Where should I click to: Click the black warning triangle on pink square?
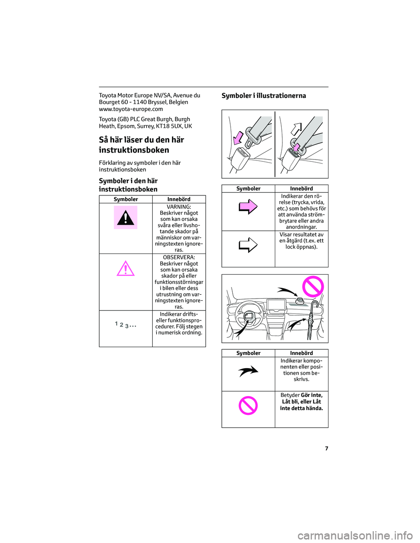point(126,217)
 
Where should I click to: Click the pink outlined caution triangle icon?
point(126,268)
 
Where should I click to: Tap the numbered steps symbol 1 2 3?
point(126,325)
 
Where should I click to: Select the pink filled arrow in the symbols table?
point(248,206)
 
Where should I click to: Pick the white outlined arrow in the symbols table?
point(248,245)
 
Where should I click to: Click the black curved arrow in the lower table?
point(248,371)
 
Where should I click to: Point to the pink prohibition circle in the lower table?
point(248,405)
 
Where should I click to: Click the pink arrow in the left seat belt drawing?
point(238,137)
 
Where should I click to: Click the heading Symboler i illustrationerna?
point(264,96)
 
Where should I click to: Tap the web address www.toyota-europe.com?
point(131,109)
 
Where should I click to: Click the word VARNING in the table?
point(179,207)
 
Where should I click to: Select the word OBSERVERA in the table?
point(179,258)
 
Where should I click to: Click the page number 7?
point(326,449)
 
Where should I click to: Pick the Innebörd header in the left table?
point(179,199)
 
